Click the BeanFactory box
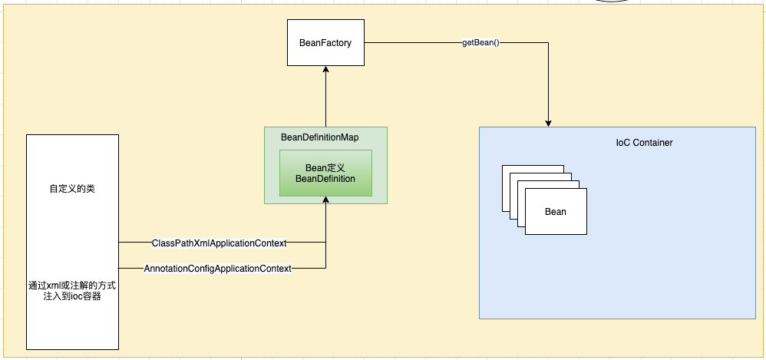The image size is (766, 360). [x=325, y=43]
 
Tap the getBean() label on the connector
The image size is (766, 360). [x=480, y=43]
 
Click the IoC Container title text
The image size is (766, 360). [x=644, y=143]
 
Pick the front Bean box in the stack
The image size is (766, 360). [x=556, y=212]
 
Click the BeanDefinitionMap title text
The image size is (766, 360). [x=319, y=137]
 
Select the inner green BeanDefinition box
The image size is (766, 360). [x=325, y=173]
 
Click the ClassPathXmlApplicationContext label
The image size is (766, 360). [x=214, y=243]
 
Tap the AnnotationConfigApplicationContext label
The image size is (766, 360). [x=217, y=269]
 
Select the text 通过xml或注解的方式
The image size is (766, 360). [x=72, y=286]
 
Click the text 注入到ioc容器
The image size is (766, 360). [x=72, y=296]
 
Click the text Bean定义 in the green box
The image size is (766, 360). [x=325, y=167]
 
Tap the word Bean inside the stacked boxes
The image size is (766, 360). [x=556, y=212]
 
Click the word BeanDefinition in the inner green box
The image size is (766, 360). [x=325, y=179]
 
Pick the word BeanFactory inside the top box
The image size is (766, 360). [x=325, y=43]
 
